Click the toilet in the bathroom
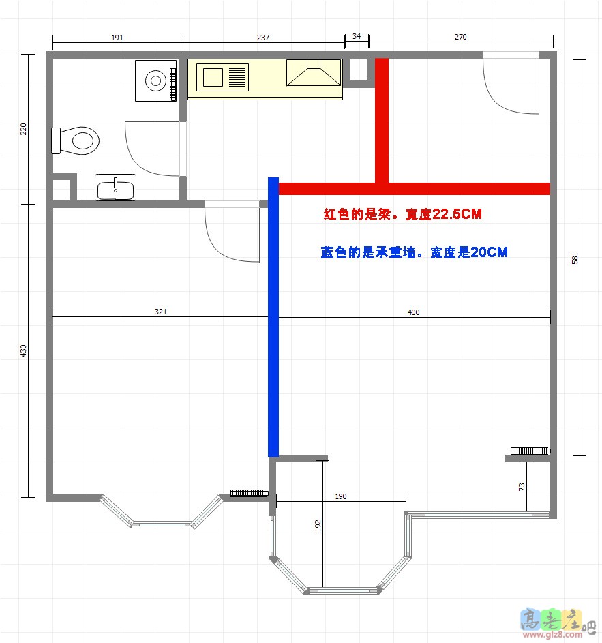[x=76, y=140]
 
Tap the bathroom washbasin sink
[x=116, y=188]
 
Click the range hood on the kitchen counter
[x=314, y=72]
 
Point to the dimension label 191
[x=117, y=38]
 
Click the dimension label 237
[x=263, y=38]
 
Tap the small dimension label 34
[x=357, y=36]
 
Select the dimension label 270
[x=460, y=37]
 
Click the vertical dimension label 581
[x=575, y=258]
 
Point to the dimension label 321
[x=161, y=312]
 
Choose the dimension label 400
[x=413, y=312]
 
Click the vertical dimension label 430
[x=23, y=350]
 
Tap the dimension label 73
[x=522, y=487]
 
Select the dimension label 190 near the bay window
[x=341, y=496]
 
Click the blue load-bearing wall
[x=273, y=317]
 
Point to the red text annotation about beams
[x=403, y=214]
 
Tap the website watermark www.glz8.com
[x=552, y=634]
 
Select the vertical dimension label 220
[x=23, y=129]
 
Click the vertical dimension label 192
[x=318, y=526]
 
